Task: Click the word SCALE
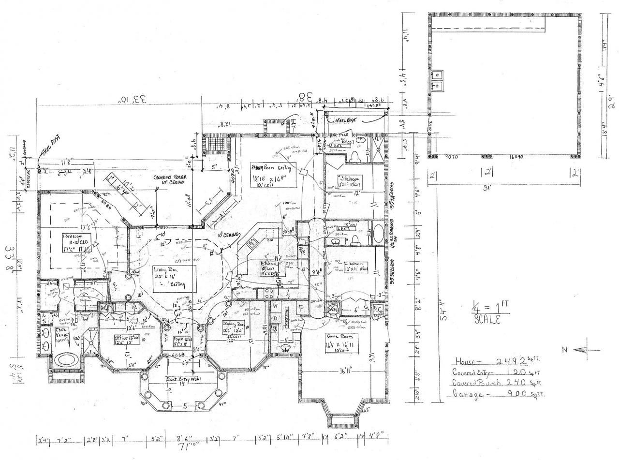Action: pos(486,320)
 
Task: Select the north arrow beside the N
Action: pos(588,350)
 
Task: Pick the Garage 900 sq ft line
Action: pos(498,394)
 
